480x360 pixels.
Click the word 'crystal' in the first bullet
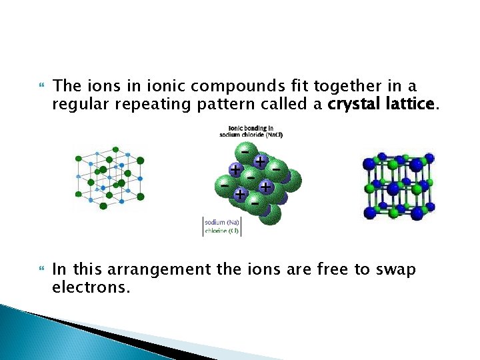click(350, 104)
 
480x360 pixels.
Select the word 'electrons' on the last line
click(87, 288)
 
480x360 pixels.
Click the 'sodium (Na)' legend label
click(222, 222)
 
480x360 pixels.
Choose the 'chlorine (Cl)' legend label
click(222, 231)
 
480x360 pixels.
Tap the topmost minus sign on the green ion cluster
click(246, 151)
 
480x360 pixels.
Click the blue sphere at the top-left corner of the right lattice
click(369, 163)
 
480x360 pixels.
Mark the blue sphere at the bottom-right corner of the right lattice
click(419, 213)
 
